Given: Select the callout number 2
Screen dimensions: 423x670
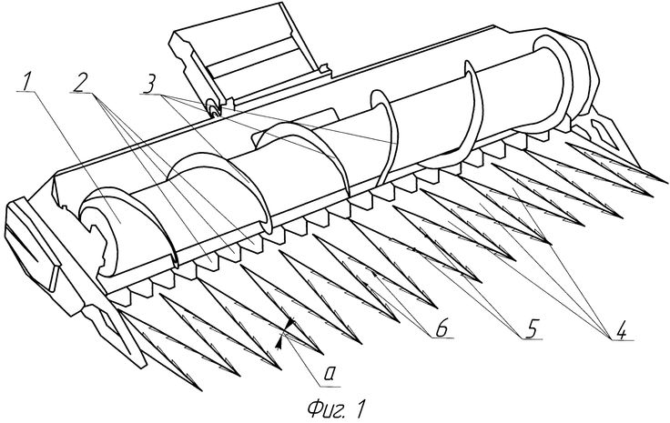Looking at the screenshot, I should coord(81,83).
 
